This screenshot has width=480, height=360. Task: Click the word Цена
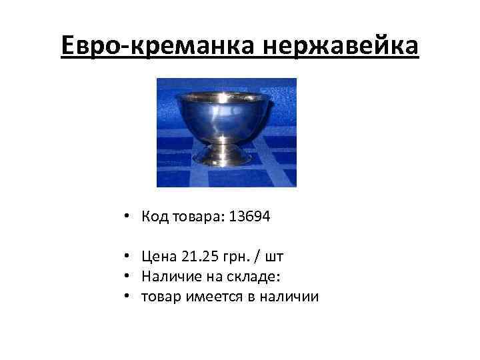coord(158,257)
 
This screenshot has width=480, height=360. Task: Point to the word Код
coord(153,217)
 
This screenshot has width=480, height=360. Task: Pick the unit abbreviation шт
coord(276,257)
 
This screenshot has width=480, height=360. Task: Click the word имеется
coord(207,295)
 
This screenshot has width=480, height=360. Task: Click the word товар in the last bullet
coord(159,295)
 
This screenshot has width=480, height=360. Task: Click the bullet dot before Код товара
coord(126,217)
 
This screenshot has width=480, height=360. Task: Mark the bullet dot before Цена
coord(126,257)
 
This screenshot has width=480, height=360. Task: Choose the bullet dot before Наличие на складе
coord(126,277)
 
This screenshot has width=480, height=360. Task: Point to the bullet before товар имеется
coord(126,296)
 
